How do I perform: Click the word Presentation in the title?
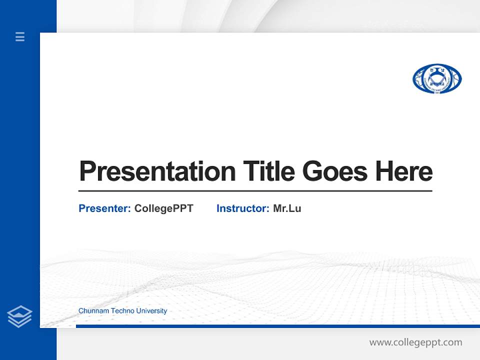pos(157,171)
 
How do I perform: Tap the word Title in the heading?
pos(268,171)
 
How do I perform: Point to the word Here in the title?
pos(404,171)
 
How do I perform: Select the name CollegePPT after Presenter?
pos(163,208)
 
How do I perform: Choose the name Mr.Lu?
pos(287,208)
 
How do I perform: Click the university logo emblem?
pos(437,79)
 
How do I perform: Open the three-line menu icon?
pos(20,36)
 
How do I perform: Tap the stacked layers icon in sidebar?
pos(19,316)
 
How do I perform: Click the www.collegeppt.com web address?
pos(415,342)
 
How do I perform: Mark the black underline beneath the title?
pos(255,191)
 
